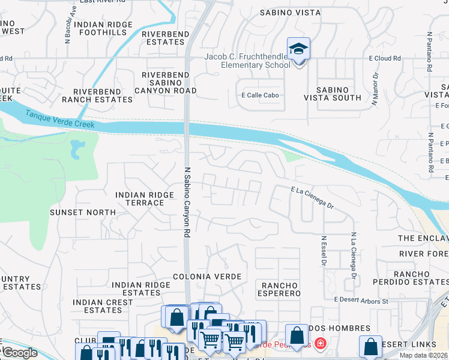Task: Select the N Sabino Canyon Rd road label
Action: pyautogui.click(x=187, y=201)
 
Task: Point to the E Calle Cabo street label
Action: pyautogui.click(x=261, y=95)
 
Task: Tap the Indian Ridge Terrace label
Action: pyautogui.click(x=140, y=199)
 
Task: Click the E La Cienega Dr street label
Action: pyautogui.click(x=312, y=197)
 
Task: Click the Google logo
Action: pyautogui.click(x=19, y=353)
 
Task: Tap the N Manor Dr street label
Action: pyautogui.click(x=375, y=89)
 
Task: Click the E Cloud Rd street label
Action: pyautogui.click(x=384, y=58)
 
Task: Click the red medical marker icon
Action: pyautogui.click(x=321, y=344)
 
